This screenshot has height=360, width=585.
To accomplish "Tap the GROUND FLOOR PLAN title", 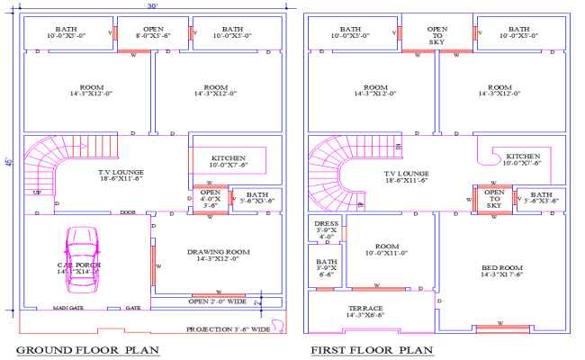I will click(87, 350).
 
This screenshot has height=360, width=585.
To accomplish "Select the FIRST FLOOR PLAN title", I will click(371, 350).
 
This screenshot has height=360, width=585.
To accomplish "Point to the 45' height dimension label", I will click(8, 163).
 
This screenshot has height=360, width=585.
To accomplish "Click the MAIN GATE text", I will click(67, 308).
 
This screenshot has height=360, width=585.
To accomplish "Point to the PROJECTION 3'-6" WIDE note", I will click(227, 329).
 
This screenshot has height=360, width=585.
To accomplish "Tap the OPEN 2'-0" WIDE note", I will click(217, 301).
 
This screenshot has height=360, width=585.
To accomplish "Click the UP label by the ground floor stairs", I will click(37, 193).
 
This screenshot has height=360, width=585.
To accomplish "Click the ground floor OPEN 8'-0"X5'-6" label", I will click(152, 33).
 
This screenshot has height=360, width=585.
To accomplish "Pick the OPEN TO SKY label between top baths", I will click(436, 34).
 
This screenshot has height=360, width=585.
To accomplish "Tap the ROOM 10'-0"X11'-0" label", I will click(387, 249).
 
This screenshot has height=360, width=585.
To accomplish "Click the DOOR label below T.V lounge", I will click(128, 213).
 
